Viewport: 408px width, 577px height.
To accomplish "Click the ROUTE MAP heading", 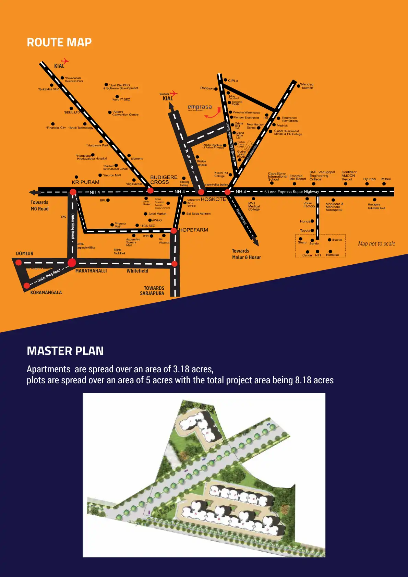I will pyautogui.click(x=59, y=43).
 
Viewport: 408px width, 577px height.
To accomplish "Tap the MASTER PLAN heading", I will pyautogui.click(x=65, y=351).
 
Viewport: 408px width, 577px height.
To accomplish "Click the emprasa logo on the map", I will pyautogui.click(x=200, y=107).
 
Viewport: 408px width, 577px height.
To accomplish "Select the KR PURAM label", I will pyautogui.click(x=85, y=182).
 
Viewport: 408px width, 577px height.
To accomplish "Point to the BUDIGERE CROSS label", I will pyautogui.click(x=164, y=180).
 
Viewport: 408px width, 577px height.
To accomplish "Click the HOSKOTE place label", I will pyautogui.click(x=213, y=199).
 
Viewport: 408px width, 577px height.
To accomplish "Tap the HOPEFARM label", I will pyautogui.click(x=193, y=230).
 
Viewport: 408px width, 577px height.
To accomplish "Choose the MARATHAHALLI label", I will pyautogui.click(x=91, y=271).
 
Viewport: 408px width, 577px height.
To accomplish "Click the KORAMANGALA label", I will pyautogui.click(x=46, y=292).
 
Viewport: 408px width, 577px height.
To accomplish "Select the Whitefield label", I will pyautogui.click(x=137, y=271).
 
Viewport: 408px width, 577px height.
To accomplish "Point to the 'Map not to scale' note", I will pyautogui.click(x=376, y=244).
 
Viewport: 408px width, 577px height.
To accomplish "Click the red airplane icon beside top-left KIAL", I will pyautogui.click(x=65, y=61).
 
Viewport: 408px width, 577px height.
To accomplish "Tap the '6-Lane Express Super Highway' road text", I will pyautogui.click(x=291, y=192).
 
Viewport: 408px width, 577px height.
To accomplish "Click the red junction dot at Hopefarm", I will pyautogui.click(x=174, y=231).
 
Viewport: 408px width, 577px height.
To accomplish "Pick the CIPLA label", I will pyautogui.click(x=233, y=81).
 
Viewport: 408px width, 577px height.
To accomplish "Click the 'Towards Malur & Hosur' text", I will pyautogui.click(x=246, y=254).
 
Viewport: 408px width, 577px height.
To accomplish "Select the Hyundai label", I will pyautogui.click(x=370, y=179).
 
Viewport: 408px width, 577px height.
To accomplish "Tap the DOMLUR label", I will pyautogui.click(x=25, y=254).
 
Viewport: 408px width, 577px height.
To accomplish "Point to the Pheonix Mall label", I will pyautogui.click(x=120, y=225).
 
